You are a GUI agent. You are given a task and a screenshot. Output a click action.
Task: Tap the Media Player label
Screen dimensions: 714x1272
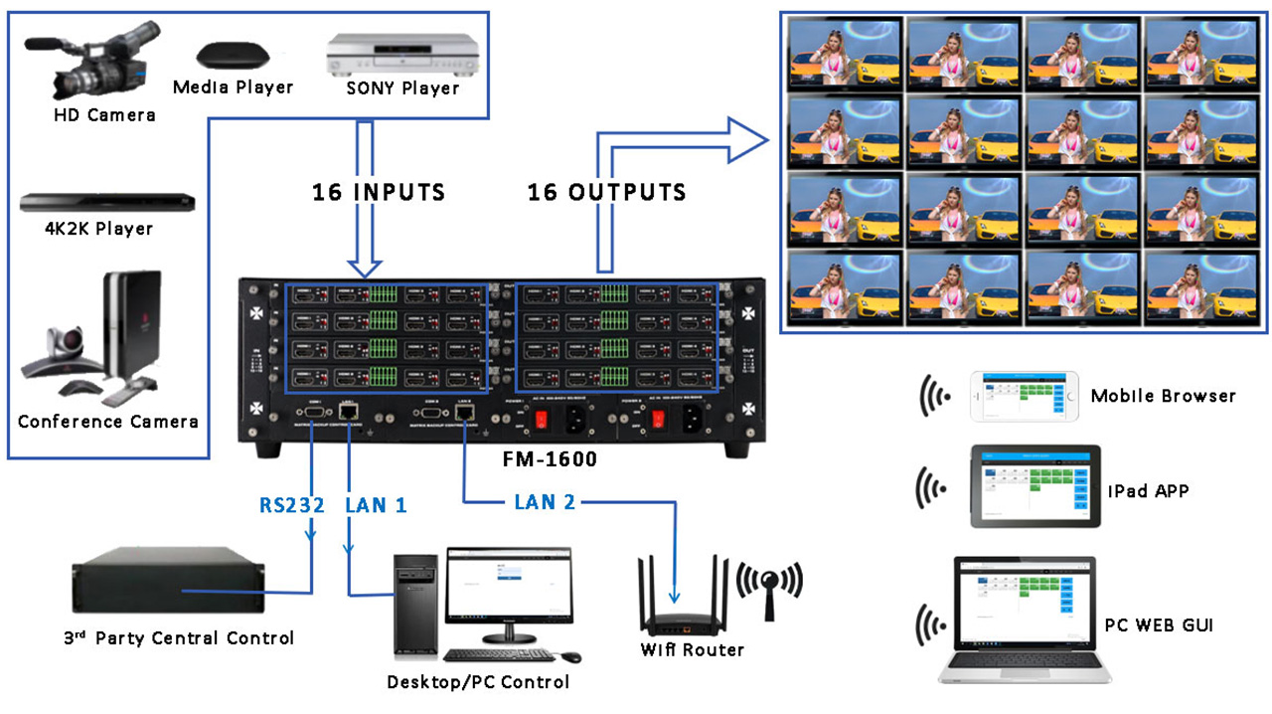(x=233, y=88)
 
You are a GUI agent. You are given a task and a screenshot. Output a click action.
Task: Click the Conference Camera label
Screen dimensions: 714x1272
(x=107, y=422)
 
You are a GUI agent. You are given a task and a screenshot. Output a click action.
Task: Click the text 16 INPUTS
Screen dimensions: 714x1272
(x=379, y=192)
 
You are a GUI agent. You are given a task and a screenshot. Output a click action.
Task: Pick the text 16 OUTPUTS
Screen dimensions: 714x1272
(x=606, y=192)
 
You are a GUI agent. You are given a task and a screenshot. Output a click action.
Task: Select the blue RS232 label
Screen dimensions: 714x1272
(x=292, y=505)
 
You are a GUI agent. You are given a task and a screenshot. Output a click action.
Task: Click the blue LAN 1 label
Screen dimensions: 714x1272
(x=376, y=505)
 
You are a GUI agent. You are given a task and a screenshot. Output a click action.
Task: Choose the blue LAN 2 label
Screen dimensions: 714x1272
(x=545, y=502)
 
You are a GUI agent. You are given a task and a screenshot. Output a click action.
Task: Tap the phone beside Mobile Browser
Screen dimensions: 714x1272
(x=1024, y=396)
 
